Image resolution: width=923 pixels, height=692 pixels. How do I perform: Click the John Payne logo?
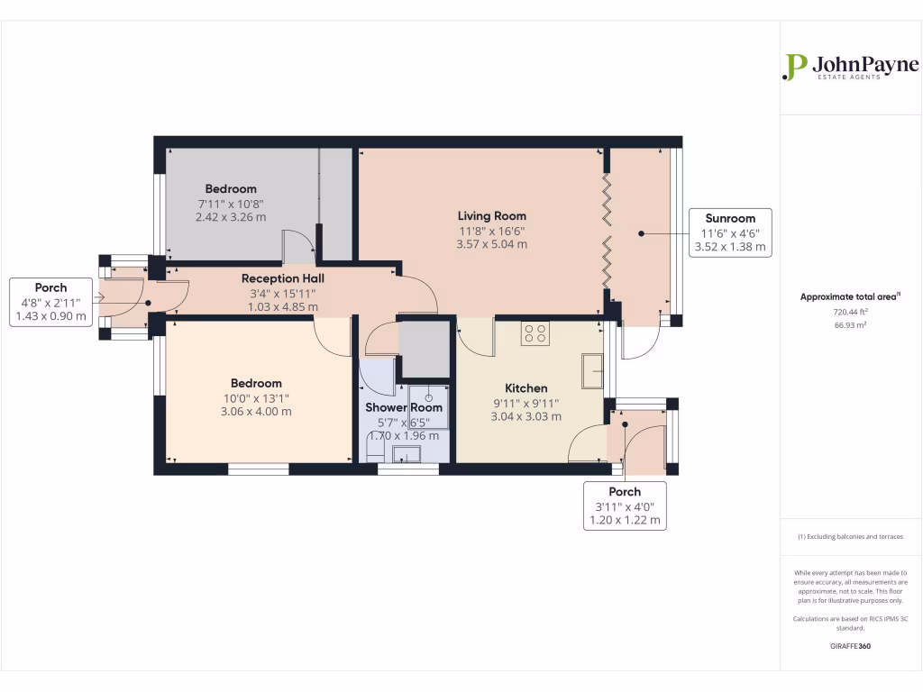850,68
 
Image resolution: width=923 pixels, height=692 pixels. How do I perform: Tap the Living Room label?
491,216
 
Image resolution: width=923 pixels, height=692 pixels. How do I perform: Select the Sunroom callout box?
730,232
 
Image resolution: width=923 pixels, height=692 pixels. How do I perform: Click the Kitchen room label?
525,388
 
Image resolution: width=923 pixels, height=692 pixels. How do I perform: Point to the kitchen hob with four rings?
535,334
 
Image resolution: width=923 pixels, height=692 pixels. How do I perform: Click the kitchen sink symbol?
592,370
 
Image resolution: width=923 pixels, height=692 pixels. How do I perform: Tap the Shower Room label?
404,407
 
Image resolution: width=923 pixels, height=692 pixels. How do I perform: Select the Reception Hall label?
282,278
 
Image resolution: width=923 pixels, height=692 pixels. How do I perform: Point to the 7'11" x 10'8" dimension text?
231,204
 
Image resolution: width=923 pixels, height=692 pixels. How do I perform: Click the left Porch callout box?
51,302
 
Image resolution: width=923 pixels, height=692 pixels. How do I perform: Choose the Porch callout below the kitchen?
625,505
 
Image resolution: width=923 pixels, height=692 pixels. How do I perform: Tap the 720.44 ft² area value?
838,312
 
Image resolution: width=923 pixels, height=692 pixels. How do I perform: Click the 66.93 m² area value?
838,325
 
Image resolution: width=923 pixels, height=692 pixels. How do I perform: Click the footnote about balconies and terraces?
850,536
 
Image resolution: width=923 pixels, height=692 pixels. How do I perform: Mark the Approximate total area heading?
838,296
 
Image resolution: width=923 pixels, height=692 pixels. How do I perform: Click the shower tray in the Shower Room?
427,404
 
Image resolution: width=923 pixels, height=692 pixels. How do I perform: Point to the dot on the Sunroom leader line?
642,233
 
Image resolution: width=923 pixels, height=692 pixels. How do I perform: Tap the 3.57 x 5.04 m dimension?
491,244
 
